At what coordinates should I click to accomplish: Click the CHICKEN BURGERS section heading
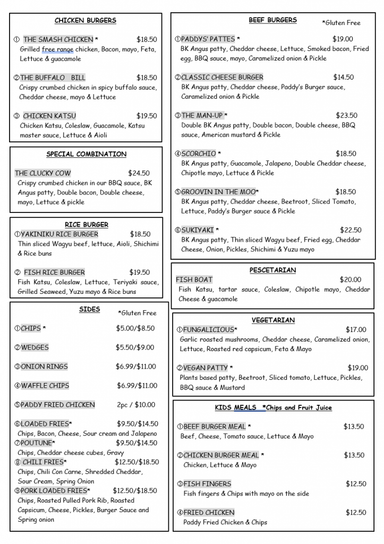coord(85,21)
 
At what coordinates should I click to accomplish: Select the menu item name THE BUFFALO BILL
coord(53,78)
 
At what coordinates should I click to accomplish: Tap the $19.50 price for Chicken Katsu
coord(147,116)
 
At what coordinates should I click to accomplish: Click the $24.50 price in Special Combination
coord(139,173)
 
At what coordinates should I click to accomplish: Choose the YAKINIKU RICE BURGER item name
coord(59,234)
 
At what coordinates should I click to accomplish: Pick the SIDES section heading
coord(89,309)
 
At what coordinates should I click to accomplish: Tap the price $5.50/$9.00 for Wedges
coord(135,347)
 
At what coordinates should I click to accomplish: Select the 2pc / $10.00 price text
coord(136,405)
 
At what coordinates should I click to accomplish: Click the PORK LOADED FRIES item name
coord(54,491)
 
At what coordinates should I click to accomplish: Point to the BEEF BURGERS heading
coord(272,20)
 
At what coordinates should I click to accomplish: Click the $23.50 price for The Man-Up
coord(346,115)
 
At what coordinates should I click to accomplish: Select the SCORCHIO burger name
coord(199,154)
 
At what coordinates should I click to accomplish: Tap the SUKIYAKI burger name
coord(197,231)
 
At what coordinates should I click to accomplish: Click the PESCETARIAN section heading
coord(272,270)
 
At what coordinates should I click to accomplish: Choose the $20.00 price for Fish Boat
coord(350,280)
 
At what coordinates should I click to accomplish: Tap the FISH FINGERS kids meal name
coord(207,484)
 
